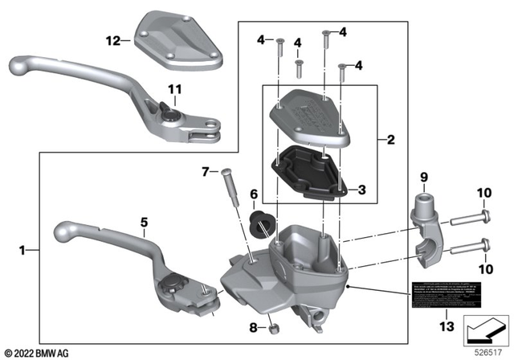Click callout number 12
112,39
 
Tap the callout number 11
175,88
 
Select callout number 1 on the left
22,252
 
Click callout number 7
204,170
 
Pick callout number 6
253,194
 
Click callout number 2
391,140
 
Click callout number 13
447,326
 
